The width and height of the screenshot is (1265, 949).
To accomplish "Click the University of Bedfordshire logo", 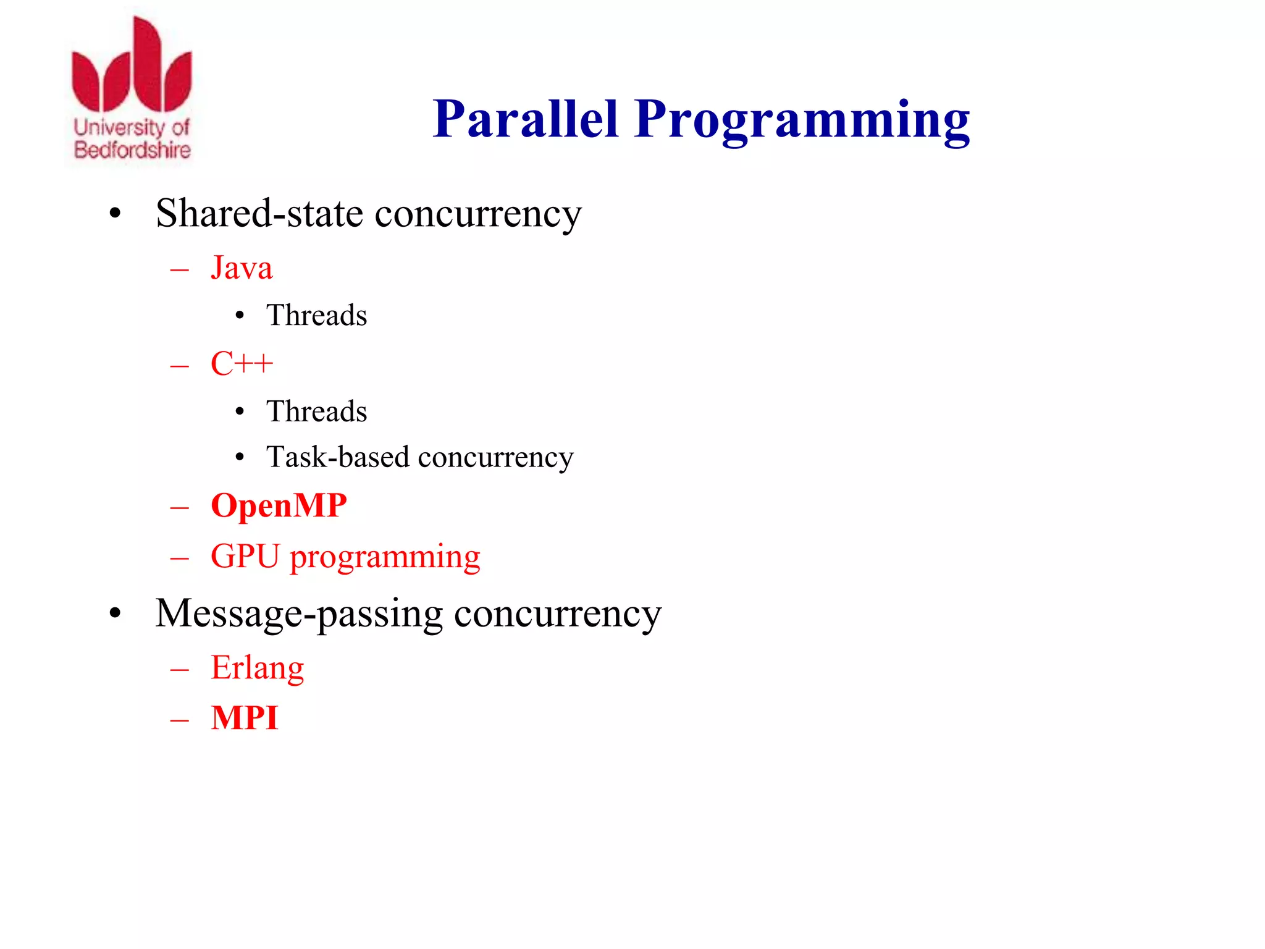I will (x=132, y=90).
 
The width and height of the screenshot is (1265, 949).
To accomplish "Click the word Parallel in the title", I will (x=525, y=119).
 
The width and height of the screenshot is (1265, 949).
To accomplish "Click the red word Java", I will (x=242, y=268).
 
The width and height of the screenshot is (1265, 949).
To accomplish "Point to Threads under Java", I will (x=316, y=315).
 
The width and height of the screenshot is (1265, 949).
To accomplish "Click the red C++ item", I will (x=242, y=363).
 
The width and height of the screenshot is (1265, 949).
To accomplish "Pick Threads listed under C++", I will (x=316, y=411).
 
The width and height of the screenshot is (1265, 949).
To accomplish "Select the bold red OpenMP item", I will (x=279, y=505).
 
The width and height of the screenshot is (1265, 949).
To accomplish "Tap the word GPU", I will (x=245, y=556).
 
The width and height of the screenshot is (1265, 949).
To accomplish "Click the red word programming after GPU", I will (x=385, y=558).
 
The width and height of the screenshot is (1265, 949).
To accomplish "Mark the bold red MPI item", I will (x=245, y=718).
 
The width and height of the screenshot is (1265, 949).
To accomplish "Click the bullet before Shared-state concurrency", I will (x=115, y=214).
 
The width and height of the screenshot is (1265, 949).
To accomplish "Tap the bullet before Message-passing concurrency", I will (x=115, y=614).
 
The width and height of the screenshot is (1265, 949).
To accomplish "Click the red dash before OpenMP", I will (x=180, y=508).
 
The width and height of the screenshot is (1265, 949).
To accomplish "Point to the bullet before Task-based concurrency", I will (x=240, y=458).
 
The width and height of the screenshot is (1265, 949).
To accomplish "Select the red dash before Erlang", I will (x=180, y=670).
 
